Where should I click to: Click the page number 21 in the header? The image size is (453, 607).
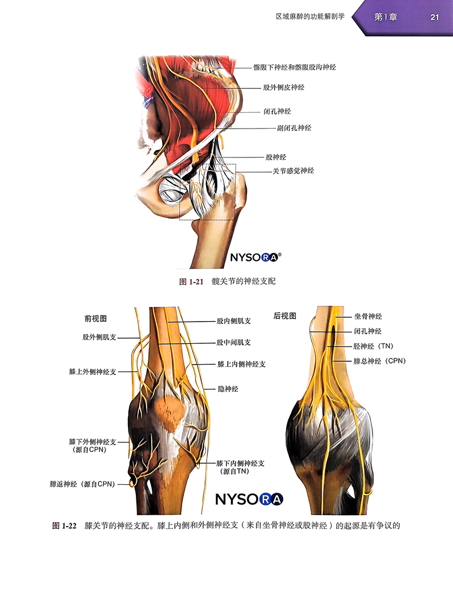point(435,17)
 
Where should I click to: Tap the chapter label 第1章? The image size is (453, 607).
point(386,17)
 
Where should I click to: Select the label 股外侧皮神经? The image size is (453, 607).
point(284,88)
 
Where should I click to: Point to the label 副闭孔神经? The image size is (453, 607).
point(294,128)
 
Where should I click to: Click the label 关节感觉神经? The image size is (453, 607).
point(293,170)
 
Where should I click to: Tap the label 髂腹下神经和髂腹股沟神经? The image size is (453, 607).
point(295,67)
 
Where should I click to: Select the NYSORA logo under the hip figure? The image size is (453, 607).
point(255,258)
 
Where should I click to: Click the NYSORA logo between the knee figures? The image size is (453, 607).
point(249,499)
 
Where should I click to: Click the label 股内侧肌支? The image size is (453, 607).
point(233,320)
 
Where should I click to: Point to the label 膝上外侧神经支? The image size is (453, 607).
point(93,372)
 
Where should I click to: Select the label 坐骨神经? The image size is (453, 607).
point(368,317)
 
